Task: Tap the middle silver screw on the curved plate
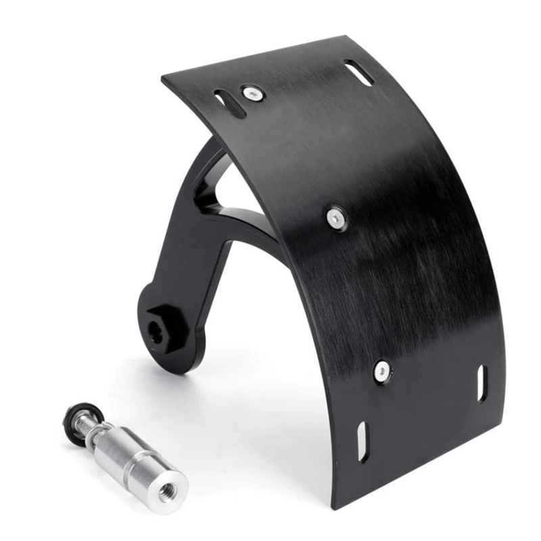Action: coord(336,217)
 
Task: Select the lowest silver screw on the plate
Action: coord(382,370)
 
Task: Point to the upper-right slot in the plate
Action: coord(358,73)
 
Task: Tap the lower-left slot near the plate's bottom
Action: coord(362,442)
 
